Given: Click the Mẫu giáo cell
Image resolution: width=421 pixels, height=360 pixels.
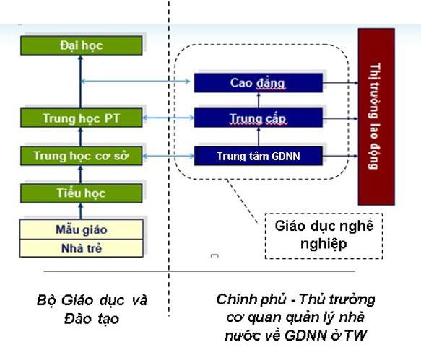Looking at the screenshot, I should click(x=81, y=230).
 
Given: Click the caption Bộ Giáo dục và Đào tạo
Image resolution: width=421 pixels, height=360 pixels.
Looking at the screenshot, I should click(x=92, y=308).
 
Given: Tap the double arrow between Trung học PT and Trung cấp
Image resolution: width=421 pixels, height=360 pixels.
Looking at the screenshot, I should click(x=167, y=118).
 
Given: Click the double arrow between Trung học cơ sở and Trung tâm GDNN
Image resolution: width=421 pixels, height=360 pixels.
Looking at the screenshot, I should click(x=167, y=155).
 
